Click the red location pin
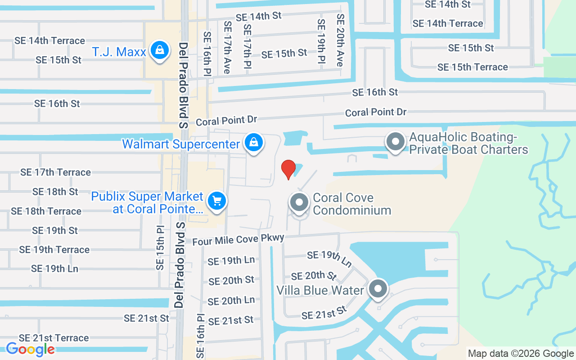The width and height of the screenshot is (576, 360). pos(288,169)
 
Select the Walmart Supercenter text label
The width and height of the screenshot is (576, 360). pos(181,144)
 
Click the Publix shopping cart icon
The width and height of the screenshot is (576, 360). pos(217,200)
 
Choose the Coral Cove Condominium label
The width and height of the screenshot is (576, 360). pos(352,204)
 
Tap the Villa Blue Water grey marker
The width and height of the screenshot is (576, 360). pos(378,289)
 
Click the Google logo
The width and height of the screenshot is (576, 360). pos(30,349)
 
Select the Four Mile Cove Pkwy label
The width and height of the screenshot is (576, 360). pos(238,239)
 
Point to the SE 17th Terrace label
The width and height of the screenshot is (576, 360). pos(55,172)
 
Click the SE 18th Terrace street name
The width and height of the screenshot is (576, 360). pos(46,211)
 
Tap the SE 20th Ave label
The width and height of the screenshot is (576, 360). pos(340,40)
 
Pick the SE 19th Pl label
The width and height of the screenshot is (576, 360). pos(321,44)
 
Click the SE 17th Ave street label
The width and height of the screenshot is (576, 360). pos(227,47)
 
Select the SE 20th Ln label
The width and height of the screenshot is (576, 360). pos(231,300)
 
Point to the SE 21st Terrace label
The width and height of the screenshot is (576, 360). pos(54,338)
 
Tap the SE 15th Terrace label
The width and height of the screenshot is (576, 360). pos(472,67)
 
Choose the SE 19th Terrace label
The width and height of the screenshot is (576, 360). pos(54,250)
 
